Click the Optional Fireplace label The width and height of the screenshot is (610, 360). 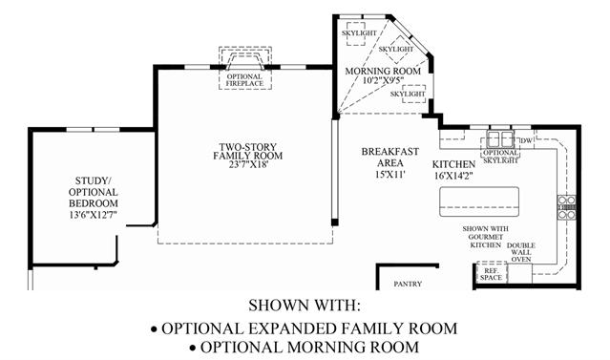tap(244, 80)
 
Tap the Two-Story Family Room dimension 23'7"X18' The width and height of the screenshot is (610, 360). tap(248, 164)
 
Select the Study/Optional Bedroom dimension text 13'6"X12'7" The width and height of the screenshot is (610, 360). tap(94, 215)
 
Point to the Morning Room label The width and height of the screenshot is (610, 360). tap(383, 72)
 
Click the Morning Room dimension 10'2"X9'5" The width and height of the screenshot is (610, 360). tap(383, 80)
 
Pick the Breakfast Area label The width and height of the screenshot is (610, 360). tap(389, 158)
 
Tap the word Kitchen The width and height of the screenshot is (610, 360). tap(453, 164)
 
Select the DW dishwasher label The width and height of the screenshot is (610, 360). tap(526, 140)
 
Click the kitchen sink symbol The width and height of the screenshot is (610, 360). tap(500, 138)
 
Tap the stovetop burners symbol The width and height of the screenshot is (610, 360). tap(566, 207)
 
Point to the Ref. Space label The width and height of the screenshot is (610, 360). tap(491, 274)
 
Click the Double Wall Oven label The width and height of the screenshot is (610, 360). tap(521, 252)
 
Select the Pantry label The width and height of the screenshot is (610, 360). tap(408, 284)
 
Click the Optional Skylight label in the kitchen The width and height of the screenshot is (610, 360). tap(500, 156)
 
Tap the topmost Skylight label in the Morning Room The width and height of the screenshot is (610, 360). tap(359, 33)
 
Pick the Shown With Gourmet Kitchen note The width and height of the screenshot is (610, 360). tap(486, 237)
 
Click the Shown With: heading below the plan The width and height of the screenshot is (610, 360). tap(305, 306)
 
